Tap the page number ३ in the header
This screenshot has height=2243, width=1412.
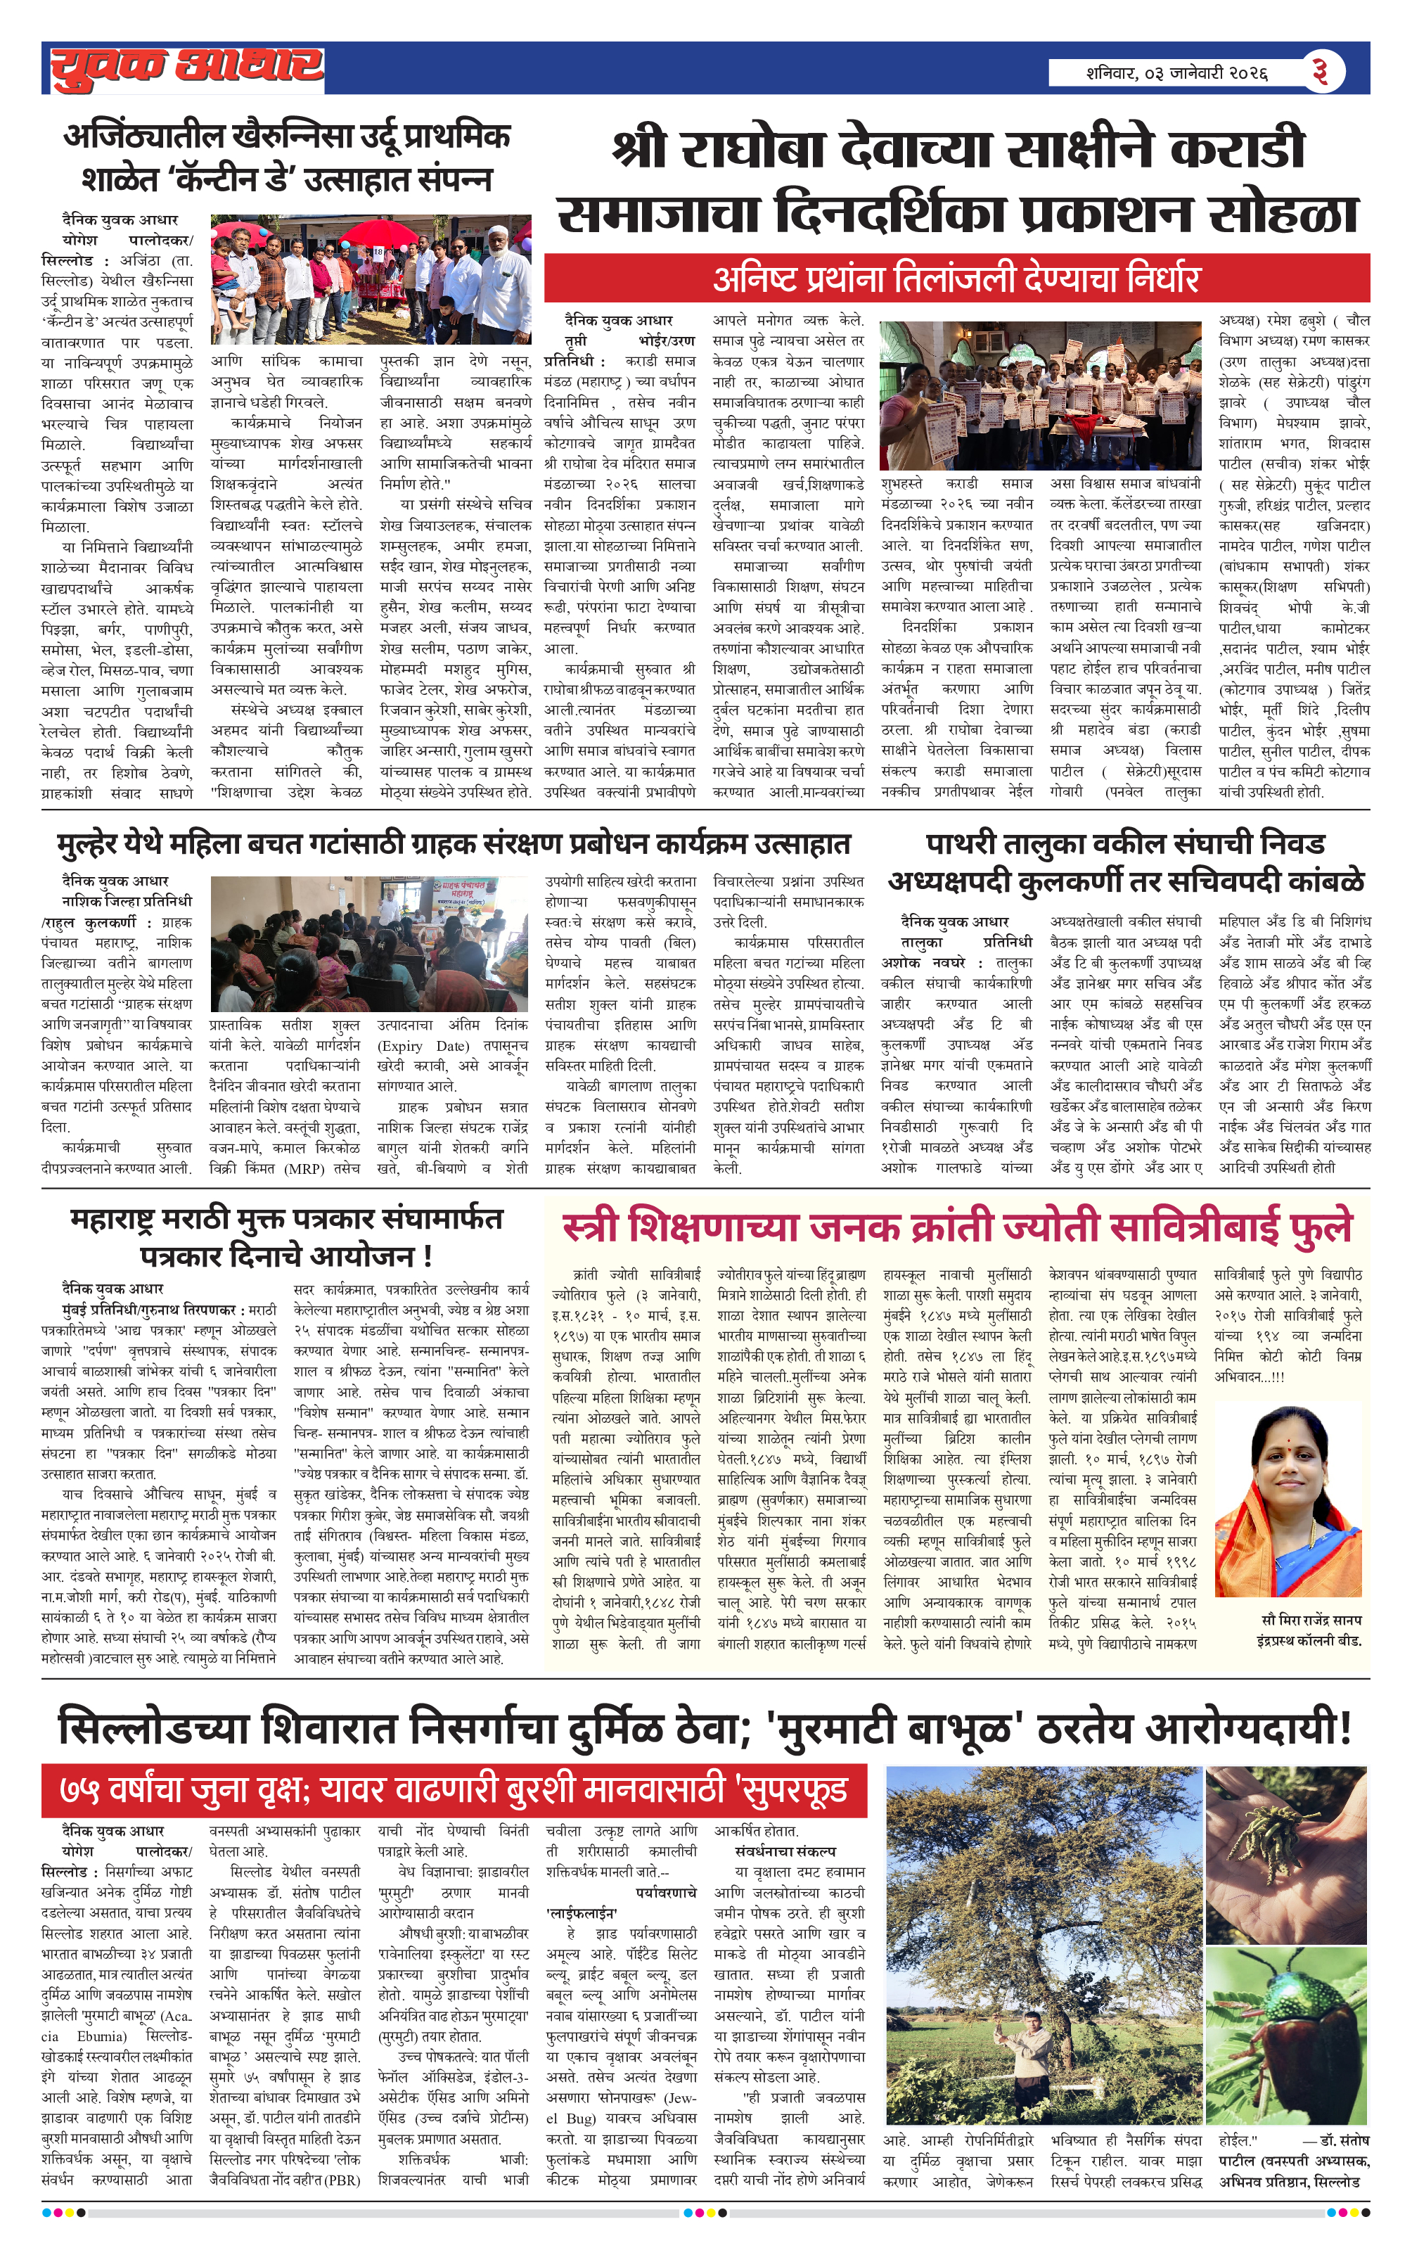tap(1319, 71)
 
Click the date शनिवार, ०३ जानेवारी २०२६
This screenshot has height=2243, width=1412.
tap(1176, 72)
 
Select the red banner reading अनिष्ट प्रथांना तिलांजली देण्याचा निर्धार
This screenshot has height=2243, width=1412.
tap(956, 278)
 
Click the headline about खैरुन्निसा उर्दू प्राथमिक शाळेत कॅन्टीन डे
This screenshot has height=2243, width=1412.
tap(287, 156)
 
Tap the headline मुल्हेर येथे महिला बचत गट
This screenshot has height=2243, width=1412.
tap(454, 844)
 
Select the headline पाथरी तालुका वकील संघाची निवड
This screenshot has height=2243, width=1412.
tap(1125, 844)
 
